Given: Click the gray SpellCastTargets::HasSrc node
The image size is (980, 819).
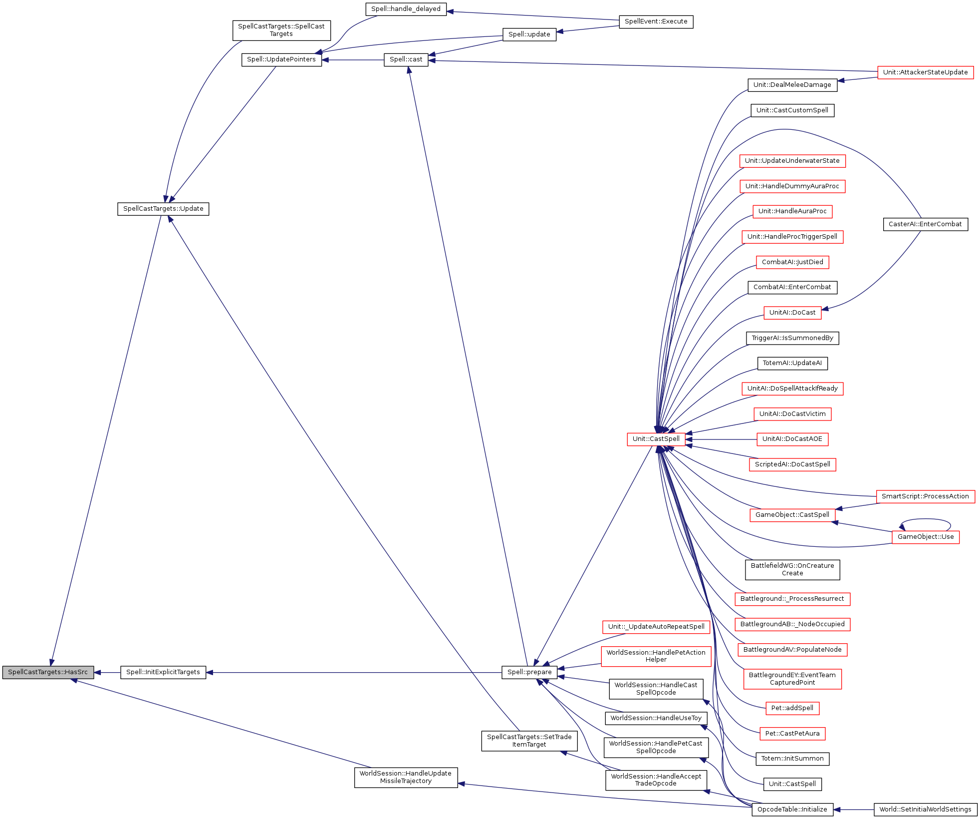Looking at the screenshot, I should click(x=48, y=672).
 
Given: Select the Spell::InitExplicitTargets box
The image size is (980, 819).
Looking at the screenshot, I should click(x=163, y=672).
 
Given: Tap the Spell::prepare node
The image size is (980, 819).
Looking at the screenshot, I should click(x=529, y=672).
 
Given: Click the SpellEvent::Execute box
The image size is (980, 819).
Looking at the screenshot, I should click(x=656, y=21).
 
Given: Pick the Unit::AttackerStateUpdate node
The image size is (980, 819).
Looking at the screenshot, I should click(x=925, y=72).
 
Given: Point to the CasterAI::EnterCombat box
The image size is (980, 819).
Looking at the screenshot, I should click(x=925, y=224).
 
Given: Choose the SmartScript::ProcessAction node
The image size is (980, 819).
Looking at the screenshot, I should click(x=925, y=496).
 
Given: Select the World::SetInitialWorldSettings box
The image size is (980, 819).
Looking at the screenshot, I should click(x=925, y=810).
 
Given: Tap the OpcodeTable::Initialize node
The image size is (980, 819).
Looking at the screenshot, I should click(x=792, y=810).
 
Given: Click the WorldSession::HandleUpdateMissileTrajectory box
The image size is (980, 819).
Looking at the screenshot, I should click(x=406, y=777).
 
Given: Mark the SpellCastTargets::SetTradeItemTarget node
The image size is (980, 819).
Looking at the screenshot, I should click(x=529, y=741).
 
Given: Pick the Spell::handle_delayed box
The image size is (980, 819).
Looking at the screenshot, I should click(x=406, y=9).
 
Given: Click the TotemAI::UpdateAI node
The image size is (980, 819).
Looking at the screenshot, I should click(x=792, y=363).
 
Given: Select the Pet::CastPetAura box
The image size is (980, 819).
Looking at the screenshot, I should click(x=792, y=734).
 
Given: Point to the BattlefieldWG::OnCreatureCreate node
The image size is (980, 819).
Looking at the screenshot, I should click(x=792, y=569).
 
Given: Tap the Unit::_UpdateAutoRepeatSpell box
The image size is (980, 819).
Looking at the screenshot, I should click(x=656, y=627).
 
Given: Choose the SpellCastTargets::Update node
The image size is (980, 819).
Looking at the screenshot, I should click(x=163, y=209).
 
